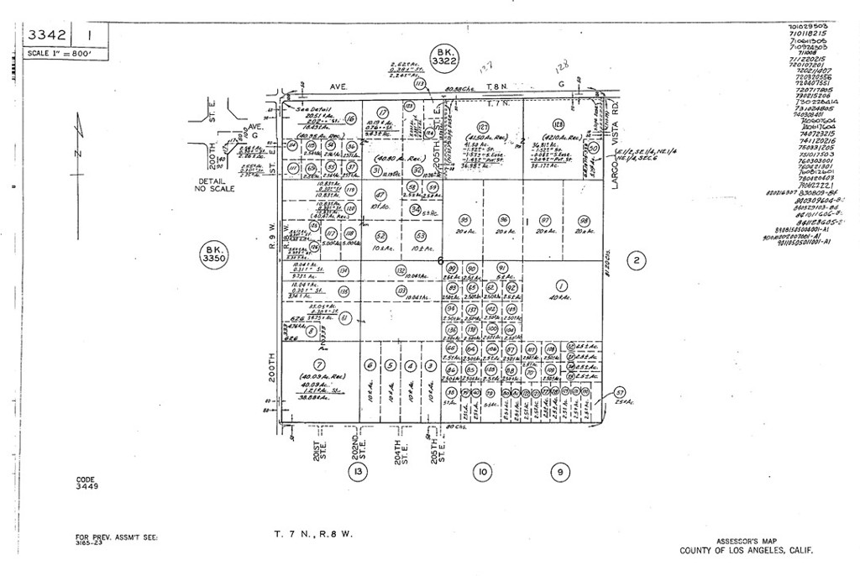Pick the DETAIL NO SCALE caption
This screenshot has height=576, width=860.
(216, 185)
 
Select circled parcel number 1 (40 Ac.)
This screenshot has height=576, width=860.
(562, 285)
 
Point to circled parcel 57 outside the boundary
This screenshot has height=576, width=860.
(620, 392)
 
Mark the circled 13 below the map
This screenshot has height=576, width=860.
(359, 471)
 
